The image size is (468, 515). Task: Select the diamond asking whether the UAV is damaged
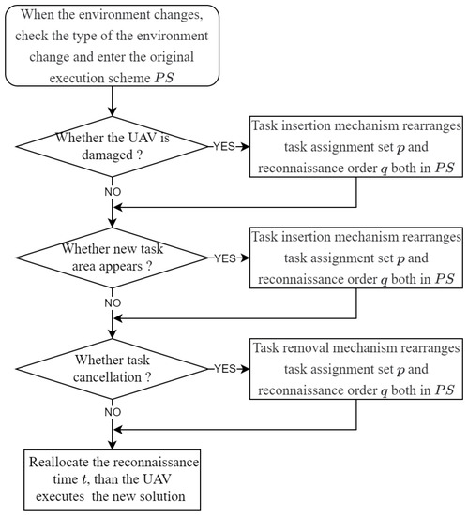pyautogui.click(x=113, y=147)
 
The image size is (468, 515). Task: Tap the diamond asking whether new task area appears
pyautogui.click(x=113, y=257)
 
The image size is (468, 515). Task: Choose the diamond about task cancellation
pyautogui.click(x=113, y=367)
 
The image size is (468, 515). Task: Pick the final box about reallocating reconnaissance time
pyautogui.click(x=113, y=478)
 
